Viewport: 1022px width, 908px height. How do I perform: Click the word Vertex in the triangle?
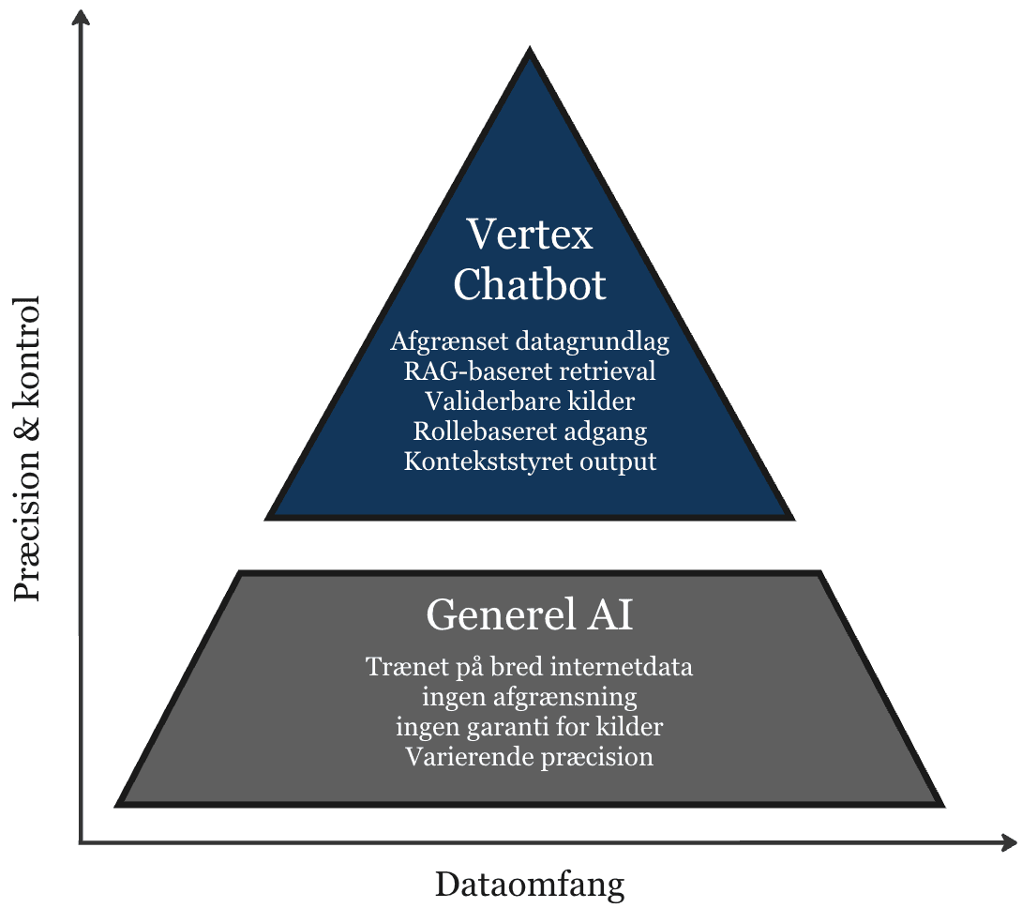point(530,235)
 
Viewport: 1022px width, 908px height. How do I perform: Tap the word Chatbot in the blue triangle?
point(530,285)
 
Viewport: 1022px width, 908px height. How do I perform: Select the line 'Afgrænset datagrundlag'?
point(530,341)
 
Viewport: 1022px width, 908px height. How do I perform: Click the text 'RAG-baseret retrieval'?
point(530,371)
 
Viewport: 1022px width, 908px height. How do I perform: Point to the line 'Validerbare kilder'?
point(530,401)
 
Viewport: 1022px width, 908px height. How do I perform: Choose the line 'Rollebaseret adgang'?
point(530,431)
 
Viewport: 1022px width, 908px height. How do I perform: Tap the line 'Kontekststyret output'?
point(530,462)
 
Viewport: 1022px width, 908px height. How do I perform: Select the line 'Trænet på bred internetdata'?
point(530,668)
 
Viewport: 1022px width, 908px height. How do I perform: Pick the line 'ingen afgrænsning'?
point(530,697)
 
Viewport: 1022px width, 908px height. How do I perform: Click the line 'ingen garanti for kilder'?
point(530,726)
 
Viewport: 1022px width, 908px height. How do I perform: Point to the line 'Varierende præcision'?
point(530,756)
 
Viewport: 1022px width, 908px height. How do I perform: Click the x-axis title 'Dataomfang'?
point(530,884)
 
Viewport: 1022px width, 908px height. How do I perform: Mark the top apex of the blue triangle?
point(531,51)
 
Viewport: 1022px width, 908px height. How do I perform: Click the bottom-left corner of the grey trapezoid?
point(119,804)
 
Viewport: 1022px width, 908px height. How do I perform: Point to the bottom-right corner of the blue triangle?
point(791,517)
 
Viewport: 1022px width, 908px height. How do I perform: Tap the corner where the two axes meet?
point(82,841)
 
